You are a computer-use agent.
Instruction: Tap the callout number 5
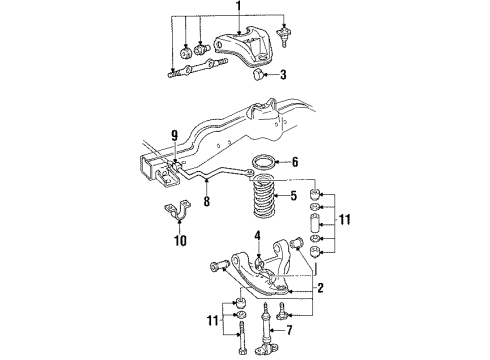coord(294,197)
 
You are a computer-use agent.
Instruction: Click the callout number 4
coord(256,237)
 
